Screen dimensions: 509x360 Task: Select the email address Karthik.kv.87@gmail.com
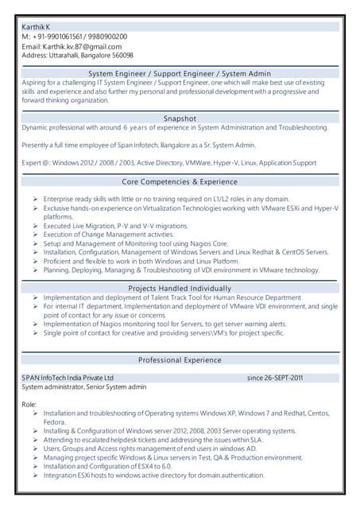(82, 46)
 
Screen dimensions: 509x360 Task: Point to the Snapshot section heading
(180, 118)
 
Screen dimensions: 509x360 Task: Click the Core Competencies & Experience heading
(180, 182)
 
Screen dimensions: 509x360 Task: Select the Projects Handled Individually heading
(180, 287)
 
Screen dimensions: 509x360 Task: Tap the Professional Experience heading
(180, 359)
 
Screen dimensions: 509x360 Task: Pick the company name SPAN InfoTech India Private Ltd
(68, 377)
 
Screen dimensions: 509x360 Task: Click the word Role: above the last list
(29, 405)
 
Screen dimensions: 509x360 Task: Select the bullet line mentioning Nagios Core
(136, 243)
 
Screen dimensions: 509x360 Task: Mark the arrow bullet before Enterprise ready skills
(36, 199)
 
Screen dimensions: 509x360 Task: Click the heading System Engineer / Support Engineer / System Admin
(180, 73)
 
